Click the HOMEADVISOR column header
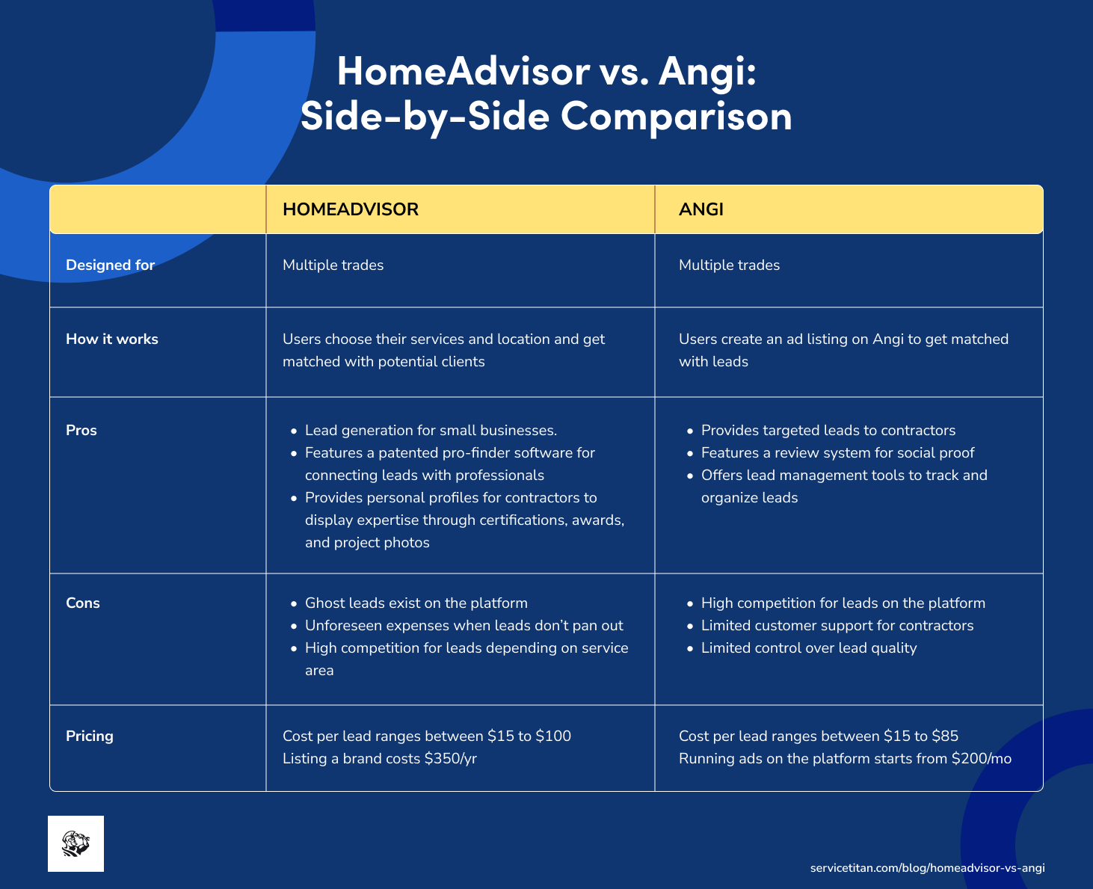coord(350,209)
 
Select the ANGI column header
coord(701,209)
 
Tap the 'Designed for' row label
coord(110,265)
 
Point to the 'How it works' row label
coord(111,339)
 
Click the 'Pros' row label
coord(81,431)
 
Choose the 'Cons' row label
coord(82,603)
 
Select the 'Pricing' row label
coord(89,736)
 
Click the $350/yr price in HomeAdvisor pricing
coord(450,759)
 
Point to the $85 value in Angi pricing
coord(945,736)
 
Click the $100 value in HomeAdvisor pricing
coord(553,736)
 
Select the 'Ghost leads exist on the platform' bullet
coord(416,603)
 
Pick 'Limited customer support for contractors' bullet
coord(837,626)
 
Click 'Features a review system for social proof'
coord(837,453)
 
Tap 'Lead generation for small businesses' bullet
coord(431,431)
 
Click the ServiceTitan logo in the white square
coord(76,843)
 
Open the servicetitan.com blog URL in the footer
coord(927,868)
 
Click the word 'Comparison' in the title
coord(676,117)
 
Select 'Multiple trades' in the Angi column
coord(729,265)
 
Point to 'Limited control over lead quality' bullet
coord(808,648)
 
